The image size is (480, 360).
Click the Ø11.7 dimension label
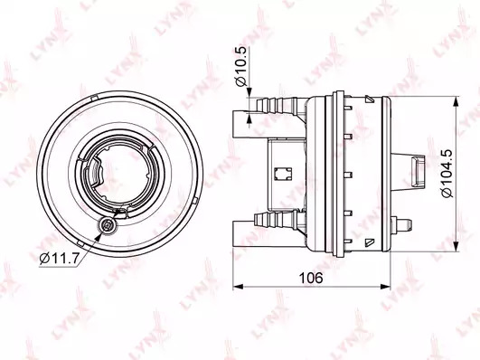point(58,259)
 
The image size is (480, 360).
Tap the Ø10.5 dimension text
point(241,67)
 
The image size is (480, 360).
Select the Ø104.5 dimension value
point(447,174)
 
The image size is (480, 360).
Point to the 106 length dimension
point(311,278)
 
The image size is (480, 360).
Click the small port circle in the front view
point(108,226)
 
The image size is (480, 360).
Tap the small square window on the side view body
point(283,174)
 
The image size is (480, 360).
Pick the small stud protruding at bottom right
point(401,224)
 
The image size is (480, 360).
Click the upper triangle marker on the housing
point(369,99)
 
